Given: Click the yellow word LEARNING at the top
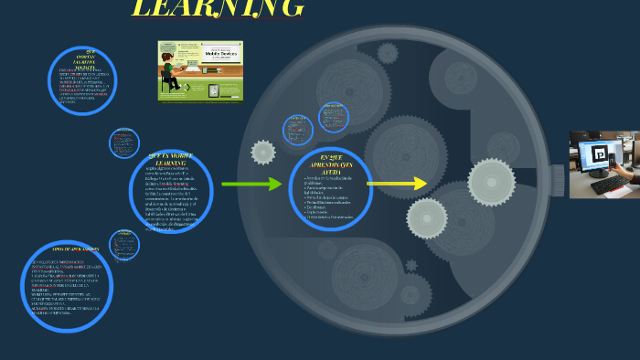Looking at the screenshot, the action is coord(218,8).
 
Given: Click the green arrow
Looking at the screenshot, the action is coord(251,185).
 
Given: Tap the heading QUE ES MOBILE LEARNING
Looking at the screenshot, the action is coord(171,160).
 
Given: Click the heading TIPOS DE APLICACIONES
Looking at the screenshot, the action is coord(76,249).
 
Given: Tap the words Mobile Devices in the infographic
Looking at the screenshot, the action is coord(217,55).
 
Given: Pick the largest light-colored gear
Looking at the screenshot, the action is coord(491,182).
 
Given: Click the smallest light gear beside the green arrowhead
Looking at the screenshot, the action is coord(263,153).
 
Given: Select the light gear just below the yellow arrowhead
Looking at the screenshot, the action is coord(427,218).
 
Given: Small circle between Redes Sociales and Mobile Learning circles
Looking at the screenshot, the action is coord(124,143).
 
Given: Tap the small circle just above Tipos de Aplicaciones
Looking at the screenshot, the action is coord(124,245).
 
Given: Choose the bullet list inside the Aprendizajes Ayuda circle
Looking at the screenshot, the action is coord(330,197).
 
